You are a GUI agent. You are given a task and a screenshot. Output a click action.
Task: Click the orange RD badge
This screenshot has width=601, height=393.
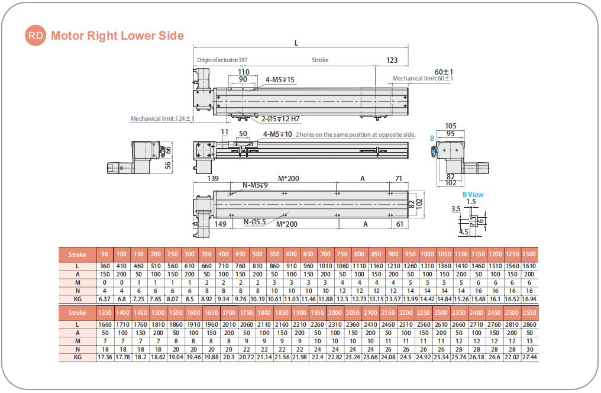coord(35,36)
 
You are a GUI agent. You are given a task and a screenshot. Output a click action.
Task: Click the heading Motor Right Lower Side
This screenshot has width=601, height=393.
coord(117,36)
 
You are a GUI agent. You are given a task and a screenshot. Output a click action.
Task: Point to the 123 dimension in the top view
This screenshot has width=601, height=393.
coord(392,60)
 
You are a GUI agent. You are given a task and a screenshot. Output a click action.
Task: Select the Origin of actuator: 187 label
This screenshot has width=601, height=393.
coord(222,60)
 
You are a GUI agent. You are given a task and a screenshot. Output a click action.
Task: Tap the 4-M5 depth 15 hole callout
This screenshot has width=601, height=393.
coord(280,79)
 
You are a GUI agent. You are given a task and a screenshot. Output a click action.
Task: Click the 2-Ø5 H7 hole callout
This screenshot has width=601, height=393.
coord(280,119)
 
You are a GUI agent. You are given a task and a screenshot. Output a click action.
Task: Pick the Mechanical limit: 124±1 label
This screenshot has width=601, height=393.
coord(162,118)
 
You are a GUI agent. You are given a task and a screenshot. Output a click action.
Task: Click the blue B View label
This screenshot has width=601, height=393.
coord(473,194)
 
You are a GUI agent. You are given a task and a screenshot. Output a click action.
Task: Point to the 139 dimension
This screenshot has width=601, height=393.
coord(214,178)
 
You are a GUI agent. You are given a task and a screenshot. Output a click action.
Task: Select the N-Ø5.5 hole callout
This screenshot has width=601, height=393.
coord(255,223)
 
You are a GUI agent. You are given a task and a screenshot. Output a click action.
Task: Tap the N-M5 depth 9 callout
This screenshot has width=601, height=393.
coord(256,185)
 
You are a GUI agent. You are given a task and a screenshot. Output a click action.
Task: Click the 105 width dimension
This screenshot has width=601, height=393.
coord(451,125)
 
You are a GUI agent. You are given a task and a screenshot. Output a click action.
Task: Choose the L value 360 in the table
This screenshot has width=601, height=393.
coord(105,266)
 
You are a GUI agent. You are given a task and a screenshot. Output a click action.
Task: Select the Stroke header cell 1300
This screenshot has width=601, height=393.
coord(529,255)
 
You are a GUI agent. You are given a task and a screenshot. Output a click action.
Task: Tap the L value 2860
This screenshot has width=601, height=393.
coord(529,325)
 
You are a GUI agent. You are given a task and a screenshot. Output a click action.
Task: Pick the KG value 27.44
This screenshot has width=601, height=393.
coord(529,357)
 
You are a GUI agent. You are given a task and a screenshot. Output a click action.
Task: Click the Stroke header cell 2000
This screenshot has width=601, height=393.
coord(334,313)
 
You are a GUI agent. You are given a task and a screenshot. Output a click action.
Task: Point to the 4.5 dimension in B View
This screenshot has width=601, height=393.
coord(463,232)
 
